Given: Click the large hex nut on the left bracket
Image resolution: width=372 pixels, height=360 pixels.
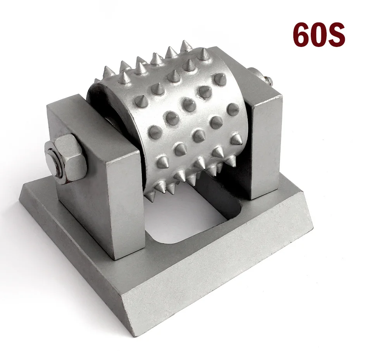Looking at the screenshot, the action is click(x=67, y=159).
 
